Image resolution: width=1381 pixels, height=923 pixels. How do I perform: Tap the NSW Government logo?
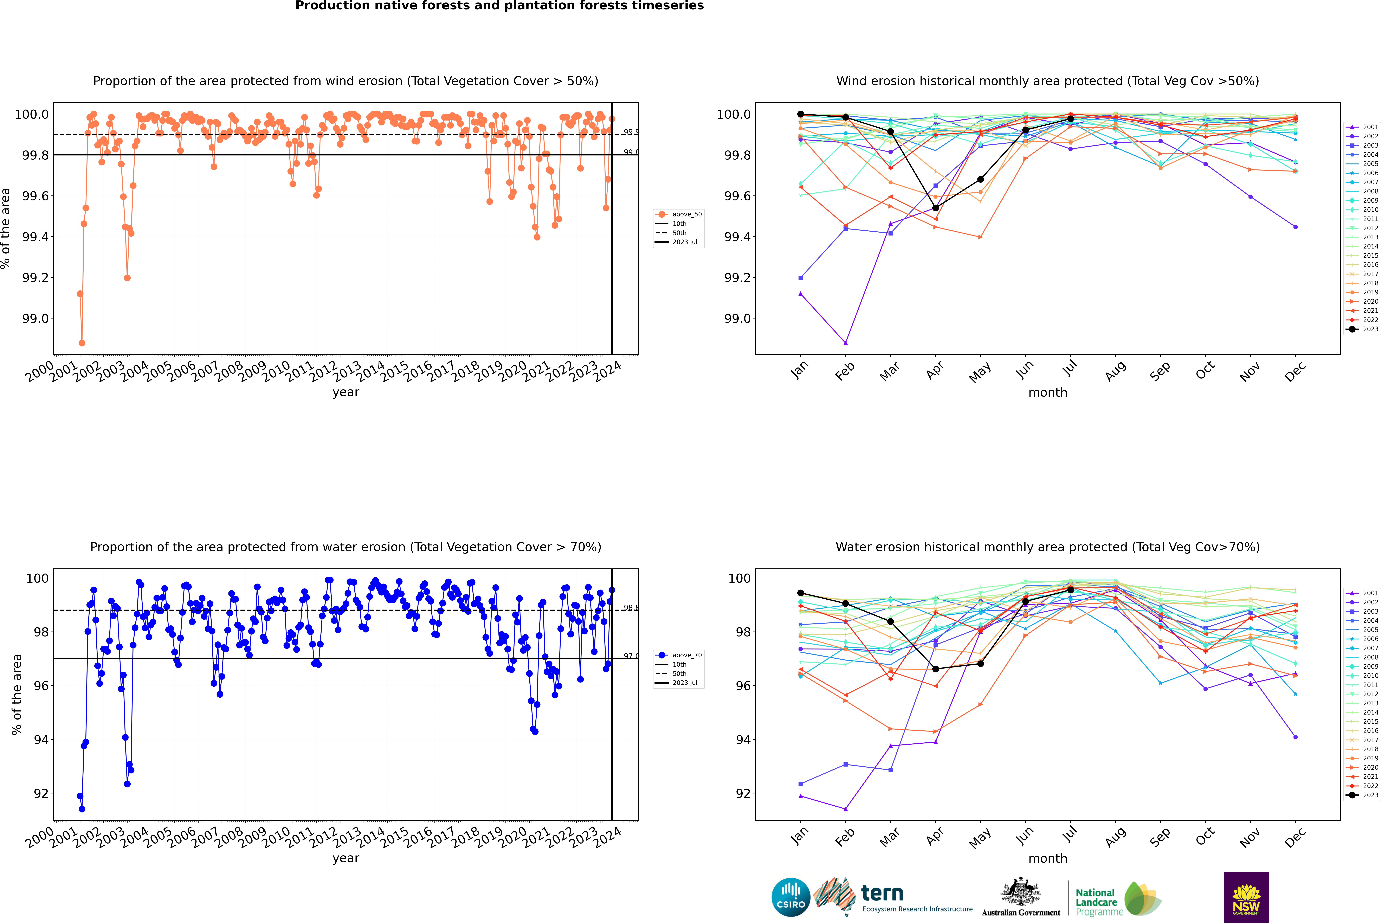1246,897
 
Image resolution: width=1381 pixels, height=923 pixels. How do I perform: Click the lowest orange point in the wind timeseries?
82,343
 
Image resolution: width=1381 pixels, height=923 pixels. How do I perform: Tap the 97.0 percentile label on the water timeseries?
631,656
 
